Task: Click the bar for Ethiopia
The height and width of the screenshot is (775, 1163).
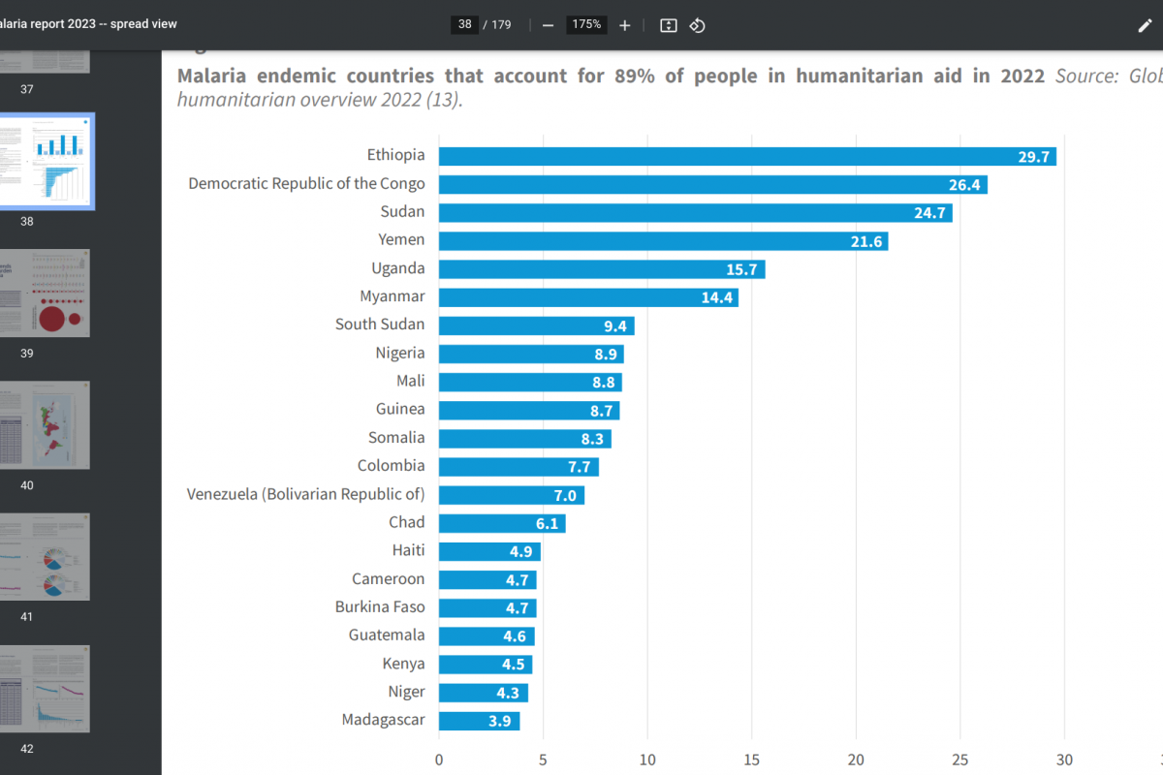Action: [746, 156]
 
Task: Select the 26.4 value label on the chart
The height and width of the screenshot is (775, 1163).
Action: [965, 184]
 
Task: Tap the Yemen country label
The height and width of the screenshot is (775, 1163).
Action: [401, 240]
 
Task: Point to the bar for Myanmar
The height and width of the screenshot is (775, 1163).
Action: [588, 297]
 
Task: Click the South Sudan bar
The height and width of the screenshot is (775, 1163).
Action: [536, 325]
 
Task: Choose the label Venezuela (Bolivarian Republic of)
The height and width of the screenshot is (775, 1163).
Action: [305, 494]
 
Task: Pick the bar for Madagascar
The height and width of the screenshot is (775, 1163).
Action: [479, 721]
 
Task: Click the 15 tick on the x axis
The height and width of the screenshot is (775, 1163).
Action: [752, 759]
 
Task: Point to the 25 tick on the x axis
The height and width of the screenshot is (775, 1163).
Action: [960, 759]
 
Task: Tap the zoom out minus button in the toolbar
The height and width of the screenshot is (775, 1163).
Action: [548, 25]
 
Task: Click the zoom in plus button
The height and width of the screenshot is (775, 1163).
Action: [625, 25]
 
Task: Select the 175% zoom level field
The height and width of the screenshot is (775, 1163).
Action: [586, 25]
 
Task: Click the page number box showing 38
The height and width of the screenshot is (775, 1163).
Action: [465, 25]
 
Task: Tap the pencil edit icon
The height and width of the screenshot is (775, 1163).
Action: [1145, 25]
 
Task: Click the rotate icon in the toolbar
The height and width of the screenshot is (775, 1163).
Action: [697, 25]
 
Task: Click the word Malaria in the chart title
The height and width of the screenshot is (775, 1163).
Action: [210, 76]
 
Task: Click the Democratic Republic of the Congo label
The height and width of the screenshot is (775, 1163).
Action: [306, 184]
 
